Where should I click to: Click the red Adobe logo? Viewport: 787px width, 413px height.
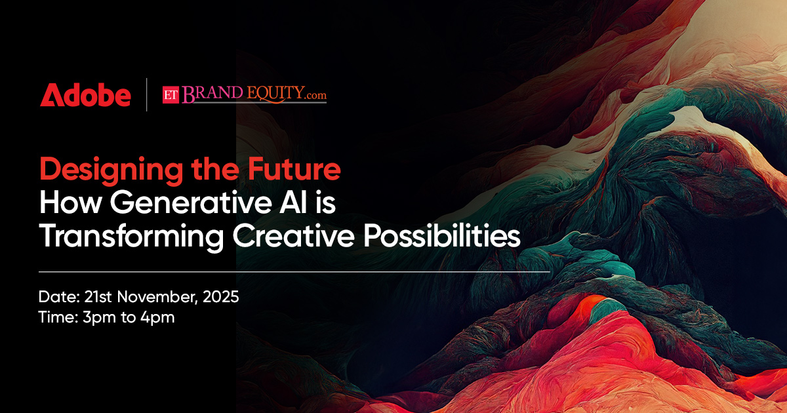click(85, 95)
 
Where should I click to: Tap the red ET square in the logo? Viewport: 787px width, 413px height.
click(171, 95)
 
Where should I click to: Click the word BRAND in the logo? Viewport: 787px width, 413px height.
click(212, 94)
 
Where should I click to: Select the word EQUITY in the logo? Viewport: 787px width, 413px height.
click(275, 93)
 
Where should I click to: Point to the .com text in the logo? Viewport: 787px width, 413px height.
click(315, 95)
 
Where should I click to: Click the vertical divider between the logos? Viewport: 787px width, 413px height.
click(146, 94)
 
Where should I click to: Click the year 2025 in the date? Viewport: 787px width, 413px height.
click(221, 297)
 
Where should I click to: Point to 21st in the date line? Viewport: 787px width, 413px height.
click(98, 297)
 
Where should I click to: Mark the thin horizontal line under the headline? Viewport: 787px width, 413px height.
click(294, 271)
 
